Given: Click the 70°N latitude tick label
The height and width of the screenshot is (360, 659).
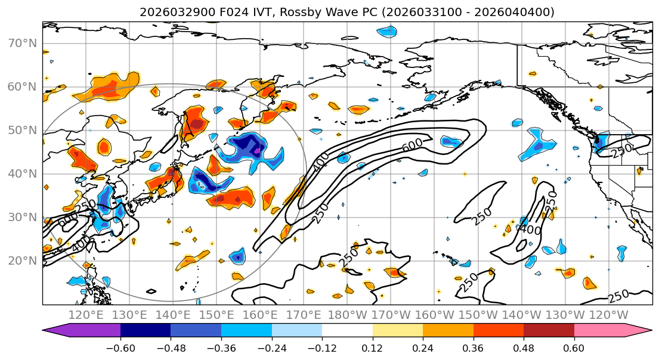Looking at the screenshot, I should [x=23, y=43].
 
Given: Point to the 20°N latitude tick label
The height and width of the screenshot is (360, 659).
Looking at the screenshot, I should [x=23, y=260].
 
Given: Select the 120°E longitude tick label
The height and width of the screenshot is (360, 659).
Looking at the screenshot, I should [x=86, y=315].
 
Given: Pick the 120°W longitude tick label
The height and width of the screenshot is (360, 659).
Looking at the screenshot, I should [x=608, y=315].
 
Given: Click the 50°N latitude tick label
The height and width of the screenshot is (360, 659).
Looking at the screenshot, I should [x=23, y=130].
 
